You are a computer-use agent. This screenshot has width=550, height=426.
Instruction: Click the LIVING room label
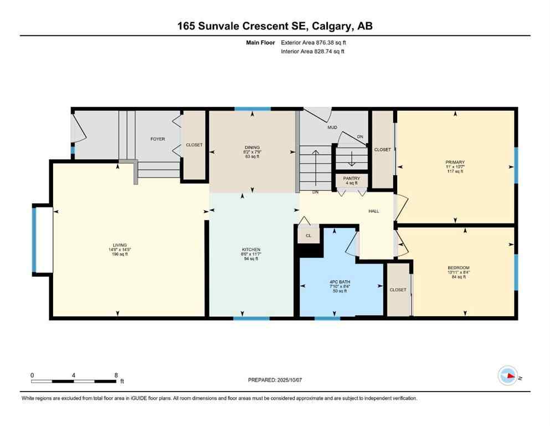click(x=120, y=245)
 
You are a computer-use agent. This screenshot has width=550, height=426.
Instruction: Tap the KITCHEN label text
click(x=251, y=250)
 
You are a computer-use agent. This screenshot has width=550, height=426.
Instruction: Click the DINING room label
click(x=252, y=148)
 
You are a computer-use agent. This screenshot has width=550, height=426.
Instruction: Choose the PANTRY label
click(x=351, y=179)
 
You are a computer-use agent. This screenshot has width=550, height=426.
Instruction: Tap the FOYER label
click(x=158, y=139)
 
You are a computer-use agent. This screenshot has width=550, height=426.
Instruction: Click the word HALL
click(x=374, y=211)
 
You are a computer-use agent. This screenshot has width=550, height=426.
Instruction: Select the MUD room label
click(x=332, y=128)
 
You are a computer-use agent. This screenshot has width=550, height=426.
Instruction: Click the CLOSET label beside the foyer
click(x=194, y=145)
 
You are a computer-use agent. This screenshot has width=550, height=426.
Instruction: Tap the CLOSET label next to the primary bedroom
click(x=382, y=150)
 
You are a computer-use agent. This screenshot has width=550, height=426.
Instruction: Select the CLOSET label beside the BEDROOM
click(x=398, y=290)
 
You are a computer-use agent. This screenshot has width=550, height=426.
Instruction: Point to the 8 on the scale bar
click(x=115, y=375)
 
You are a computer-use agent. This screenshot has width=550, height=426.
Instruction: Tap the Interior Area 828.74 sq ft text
click(x=313, y=52)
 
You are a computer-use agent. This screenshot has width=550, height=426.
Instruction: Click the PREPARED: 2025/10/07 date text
click(x=275, y=380)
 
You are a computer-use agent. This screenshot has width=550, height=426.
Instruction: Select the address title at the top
click(x=275, y=26)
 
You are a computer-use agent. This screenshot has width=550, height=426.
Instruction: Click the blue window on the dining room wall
click(x=253, y=109)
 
